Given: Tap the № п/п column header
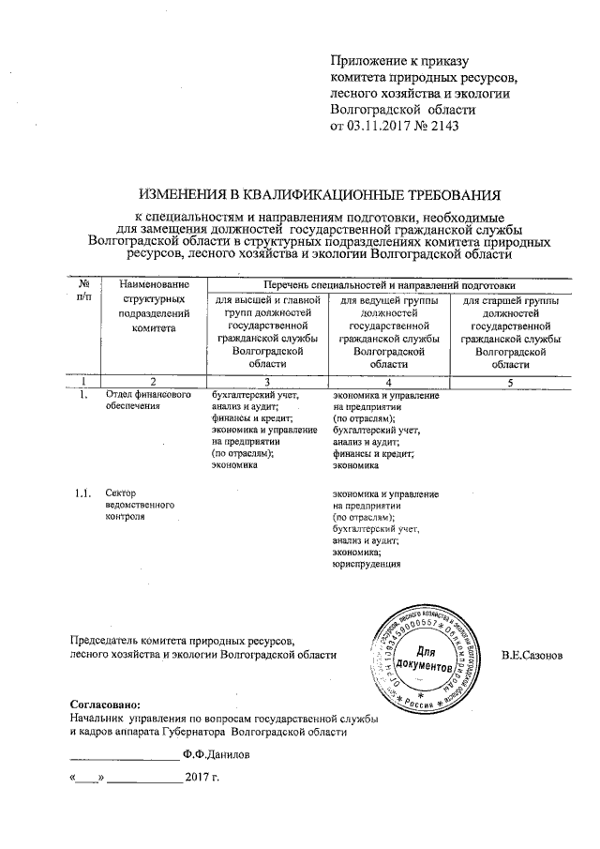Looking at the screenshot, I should coord(85,290).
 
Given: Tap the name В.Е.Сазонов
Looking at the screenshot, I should coord(532,654).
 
